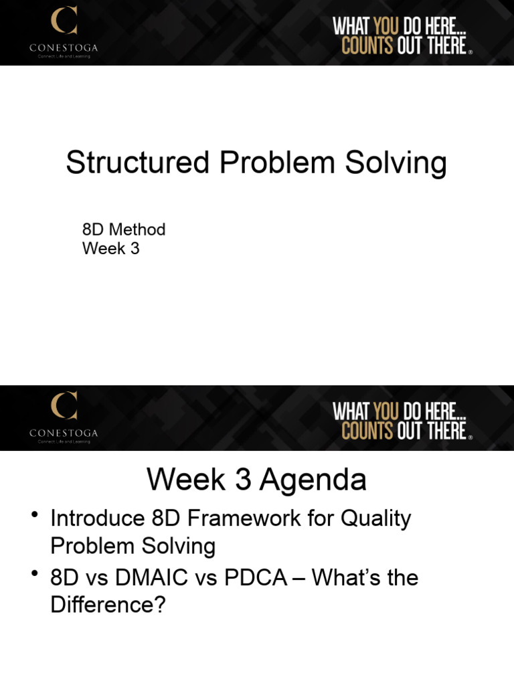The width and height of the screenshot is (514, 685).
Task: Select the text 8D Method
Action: point(124,229)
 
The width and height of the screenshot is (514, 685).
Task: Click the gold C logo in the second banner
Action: point(64,405)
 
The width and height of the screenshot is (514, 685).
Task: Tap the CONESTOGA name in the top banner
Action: point(64,47)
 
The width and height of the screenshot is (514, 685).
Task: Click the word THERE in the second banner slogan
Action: point(446,430)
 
